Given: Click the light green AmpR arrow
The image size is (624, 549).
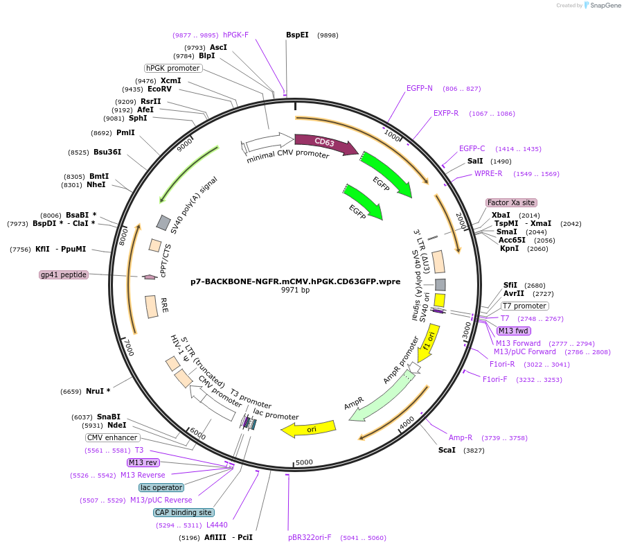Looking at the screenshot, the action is (x=382, y=397).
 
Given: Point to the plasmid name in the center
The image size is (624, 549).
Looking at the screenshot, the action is (x=295, y=281).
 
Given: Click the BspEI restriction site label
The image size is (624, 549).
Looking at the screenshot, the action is (x=297, y=35).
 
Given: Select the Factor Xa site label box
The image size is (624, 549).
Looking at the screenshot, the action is (x=511, y=202).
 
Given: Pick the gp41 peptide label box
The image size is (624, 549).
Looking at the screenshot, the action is (x=64, y=274).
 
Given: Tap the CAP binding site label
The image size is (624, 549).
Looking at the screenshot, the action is (x=184, y=512).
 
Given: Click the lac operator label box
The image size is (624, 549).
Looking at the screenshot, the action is (x=161, y=487).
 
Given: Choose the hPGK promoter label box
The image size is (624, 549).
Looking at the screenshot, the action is (x=172, y=68).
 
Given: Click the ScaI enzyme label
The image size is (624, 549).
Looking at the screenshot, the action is (x=447, y=450).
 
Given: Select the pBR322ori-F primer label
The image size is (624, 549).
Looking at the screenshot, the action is (x=310, y=537).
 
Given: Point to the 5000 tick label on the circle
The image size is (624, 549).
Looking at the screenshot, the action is (x=304, y=462).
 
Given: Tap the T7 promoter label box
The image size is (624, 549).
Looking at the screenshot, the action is (x=524, y=306).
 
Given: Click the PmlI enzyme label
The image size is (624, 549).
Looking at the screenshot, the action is (x=125, y=132).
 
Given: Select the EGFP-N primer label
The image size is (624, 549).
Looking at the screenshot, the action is (x=420, y=88).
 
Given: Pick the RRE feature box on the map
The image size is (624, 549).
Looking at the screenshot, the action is (x=151, y=307).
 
